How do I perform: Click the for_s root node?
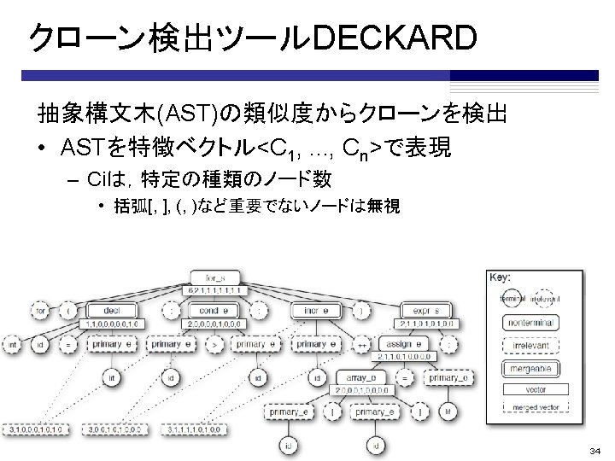(215, 277)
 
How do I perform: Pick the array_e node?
(357, 377)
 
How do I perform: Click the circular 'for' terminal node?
(39, 312)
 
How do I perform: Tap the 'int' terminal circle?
(13, 346)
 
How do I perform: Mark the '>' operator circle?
(215, 346)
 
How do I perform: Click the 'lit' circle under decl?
(112, 376)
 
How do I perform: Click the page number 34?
(594, 450)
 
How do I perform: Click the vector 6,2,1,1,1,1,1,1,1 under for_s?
(215, 290)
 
